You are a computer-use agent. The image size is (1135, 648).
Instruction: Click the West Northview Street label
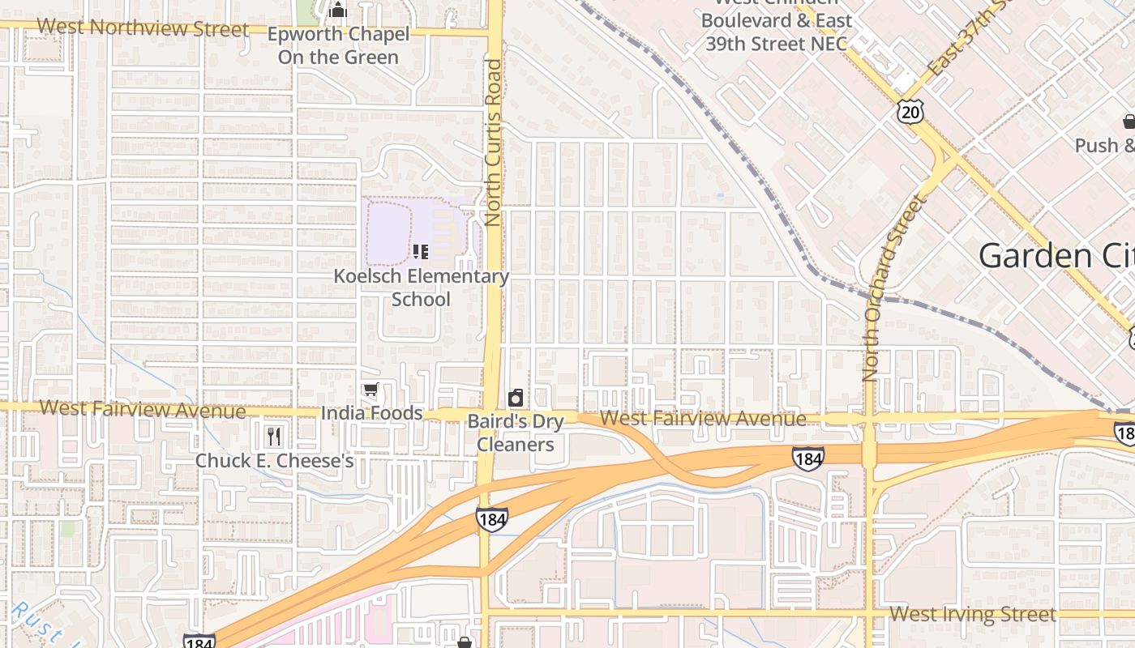[x=143, y=28]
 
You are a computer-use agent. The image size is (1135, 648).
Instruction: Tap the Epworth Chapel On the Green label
[x=338, y=46]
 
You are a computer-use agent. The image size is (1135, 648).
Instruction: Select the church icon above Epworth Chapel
[x=338, y=11]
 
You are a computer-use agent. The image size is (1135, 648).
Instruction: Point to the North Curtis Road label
[x=494, y=142]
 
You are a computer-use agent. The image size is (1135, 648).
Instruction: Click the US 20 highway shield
[x=910, y=112]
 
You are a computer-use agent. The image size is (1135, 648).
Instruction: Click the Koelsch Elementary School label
[x=421, y=288]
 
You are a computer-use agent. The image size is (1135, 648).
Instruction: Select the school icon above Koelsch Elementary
[x=420, y=252]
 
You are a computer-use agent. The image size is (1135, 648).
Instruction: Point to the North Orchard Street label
[x=894, y=288]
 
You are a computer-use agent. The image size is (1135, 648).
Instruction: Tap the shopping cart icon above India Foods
[x=370, y=390]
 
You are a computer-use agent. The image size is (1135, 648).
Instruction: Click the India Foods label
[x=371, y=413]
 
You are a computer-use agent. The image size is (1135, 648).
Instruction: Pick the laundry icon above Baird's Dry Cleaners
[x=515, y=398]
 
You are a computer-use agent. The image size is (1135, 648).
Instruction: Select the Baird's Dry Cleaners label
[x=515, y=433]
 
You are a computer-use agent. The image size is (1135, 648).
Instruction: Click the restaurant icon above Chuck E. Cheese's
[x=274, y=437]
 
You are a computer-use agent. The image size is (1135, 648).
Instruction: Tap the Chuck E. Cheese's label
[x=274, y=461]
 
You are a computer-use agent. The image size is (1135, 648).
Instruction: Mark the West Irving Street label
[x=972, y=614]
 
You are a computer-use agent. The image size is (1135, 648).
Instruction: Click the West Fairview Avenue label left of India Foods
[x=142, y=409]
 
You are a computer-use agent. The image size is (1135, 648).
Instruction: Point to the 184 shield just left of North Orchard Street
[x=807, y=458]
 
